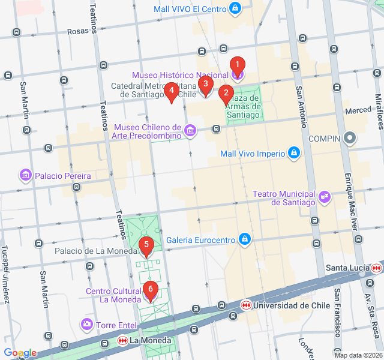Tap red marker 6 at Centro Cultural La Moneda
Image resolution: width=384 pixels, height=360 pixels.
pyautogui.click(x=151, y=290)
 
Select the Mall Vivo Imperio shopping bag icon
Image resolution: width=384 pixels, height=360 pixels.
pyautogui.click(x=293, y=154)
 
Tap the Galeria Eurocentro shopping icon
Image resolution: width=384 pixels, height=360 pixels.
pyautogui.click(x=244, y=240)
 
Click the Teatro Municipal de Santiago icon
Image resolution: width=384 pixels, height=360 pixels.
pyautogui.click(x=325, y=196)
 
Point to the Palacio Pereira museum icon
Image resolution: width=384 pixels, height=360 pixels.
pyautogui.click(x=25, y=176)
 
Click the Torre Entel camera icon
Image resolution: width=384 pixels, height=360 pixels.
pyautogui.click(x=87, y=325)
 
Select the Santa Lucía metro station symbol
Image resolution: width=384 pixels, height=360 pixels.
pyautogui.click(x=377, y=268)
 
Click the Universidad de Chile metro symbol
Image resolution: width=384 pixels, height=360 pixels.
pyautogui.click(x=245, y=305)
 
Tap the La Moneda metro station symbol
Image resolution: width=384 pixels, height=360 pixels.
pyautogui.click(x=122, y=341)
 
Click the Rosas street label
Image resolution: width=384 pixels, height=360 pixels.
pyautogui.click(x=77, y=31)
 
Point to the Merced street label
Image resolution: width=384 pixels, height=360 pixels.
pyautogui.click(x=358, y=111)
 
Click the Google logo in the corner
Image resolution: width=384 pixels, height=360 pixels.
pyautogui.click(x=20, y=353)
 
